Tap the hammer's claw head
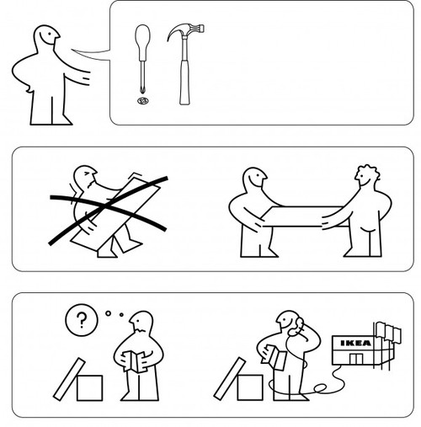(x=186, y=30)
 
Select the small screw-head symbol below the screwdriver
(x=143, y=100)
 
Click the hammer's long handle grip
(x=184, y=83)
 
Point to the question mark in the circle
(x=82, y=320)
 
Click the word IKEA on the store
(x=355, y=343)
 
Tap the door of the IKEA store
(x=356, y=359)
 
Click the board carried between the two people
(x=305, y=216)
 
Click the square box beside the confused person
(x=89, y=387)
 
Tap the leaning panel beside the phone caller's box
(x=230, y=379)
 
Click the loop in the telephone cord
(x=320, y=388)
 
